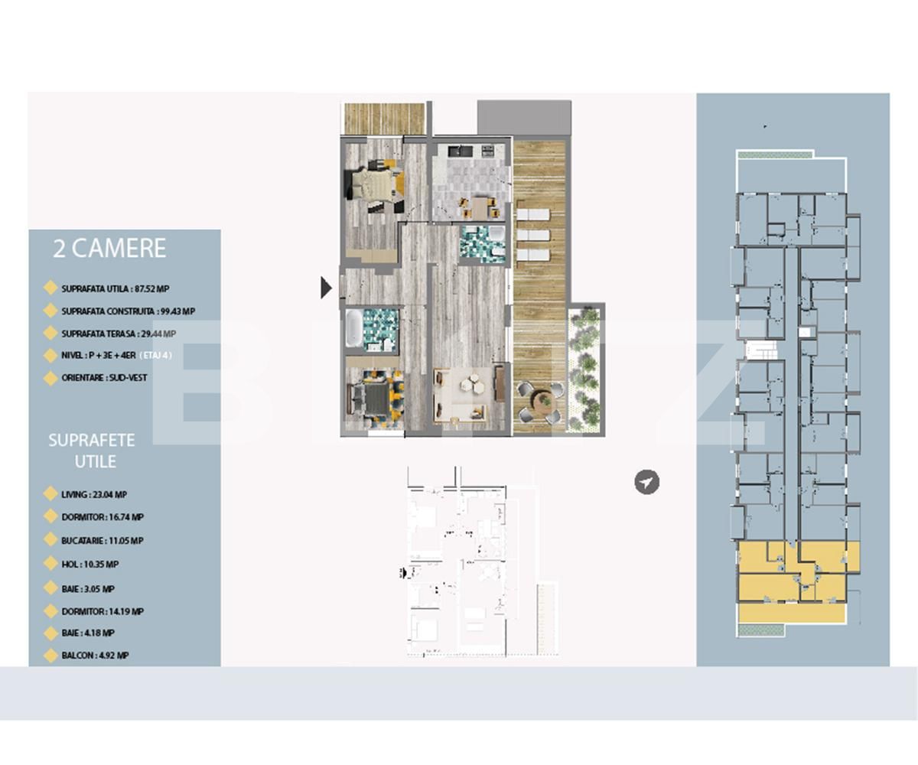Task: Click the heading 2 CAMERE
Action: tap(109, 249)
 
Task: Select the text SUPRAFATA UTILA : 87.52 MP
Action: tap(115, 288)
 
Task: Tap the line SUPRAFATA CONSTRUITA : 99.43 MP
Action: tap(128, 311)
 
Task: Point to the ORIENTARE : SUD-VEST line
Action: tap(104, 378)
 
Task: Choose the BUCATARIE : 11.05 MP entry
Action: tap(102, 541)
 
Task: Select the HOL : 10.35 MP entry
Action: tap(90, 565)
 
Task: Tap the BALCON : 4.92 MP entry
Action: tap(95, 656)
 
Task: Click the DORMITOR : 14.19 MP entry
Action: tap(102, 612)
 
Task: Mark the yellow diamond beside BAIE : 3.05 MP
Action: tap(50, 590)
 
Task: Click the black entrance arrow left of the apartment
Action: tap(326, 288)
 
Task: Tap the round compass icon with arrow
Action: tap(646, 483)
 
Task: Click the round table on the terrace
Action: tap(542, 401)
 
